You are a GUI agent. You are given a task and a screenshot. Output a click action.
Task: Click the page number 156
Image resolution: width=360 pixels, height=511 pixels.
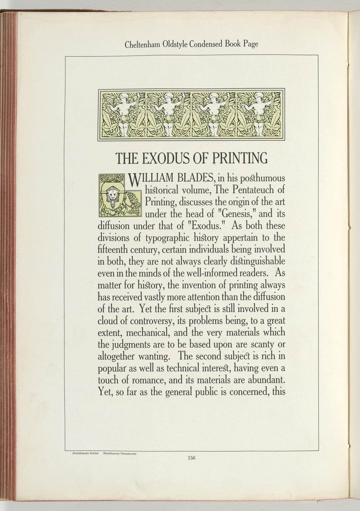pyautogui.click(x=191, y=457)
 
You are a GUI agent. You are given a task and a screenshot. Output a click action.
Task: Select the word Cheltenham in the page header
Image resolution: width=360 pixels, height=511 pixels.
pyautogui.click(x=142, y=44)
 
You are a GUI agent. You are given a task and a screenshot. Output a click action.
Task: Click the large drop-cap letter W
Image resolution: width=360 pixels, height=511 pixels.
pyautogui.click(x=136, y=181)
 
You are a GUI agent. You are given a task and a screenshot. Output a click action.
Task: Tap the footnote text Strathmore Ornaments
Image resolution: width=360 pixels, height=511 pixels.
pyautogui.click(x=120, y=453)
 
